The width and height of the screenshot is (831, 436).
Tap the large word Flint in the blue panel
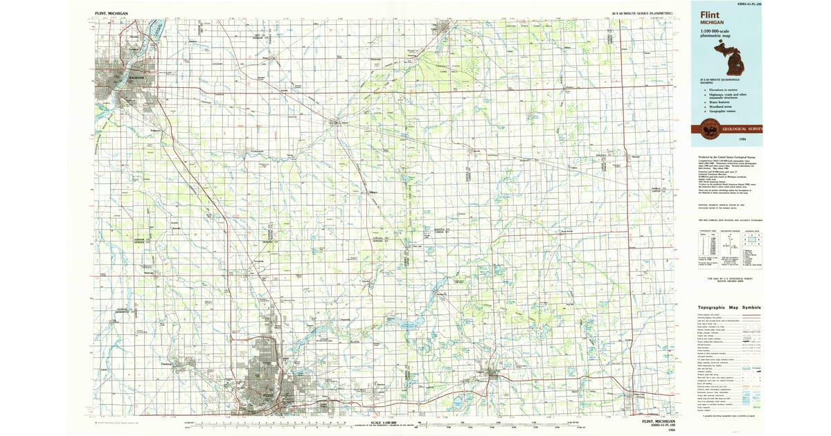tap(710, 15)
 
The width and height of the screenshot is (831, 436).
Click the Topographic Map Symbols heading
tap(729, 307)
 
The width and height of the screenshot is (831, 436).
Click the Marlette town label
tap(636, 156)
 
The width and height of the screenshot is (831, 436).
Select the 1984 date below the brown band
tap(742, 140)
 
